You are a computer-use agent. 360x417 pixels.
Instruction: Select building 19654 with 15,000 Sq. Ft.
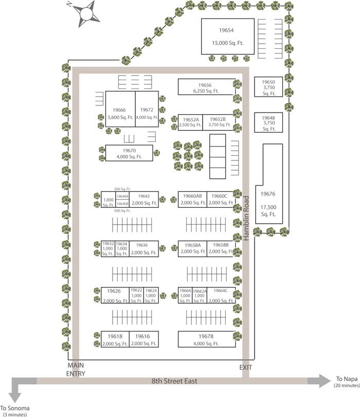click(227, 37)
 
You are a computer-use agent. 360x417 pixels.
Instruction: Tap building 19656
click(206, 87)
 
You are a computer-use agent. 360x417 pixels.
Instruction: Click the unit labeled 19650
click(268, 87)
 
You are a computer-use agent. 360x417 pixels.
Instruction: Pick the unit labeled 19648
click(268, 123)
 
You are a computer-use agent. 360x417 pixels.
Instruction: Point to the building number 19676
click(268, 194)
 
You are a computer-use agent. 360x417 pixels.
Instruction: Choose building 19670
click(129, 153)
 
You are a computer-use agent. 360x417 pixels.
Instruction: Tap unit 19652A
click(190, 122)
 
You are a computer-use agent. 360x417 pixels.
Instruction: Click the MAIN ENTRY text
click(76, 369)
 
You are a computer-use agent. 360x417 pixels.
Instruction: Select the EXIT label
click(246, 368)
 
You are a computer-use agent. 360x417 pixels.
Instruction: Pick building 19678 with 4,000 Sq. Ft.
click(206, 339)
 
